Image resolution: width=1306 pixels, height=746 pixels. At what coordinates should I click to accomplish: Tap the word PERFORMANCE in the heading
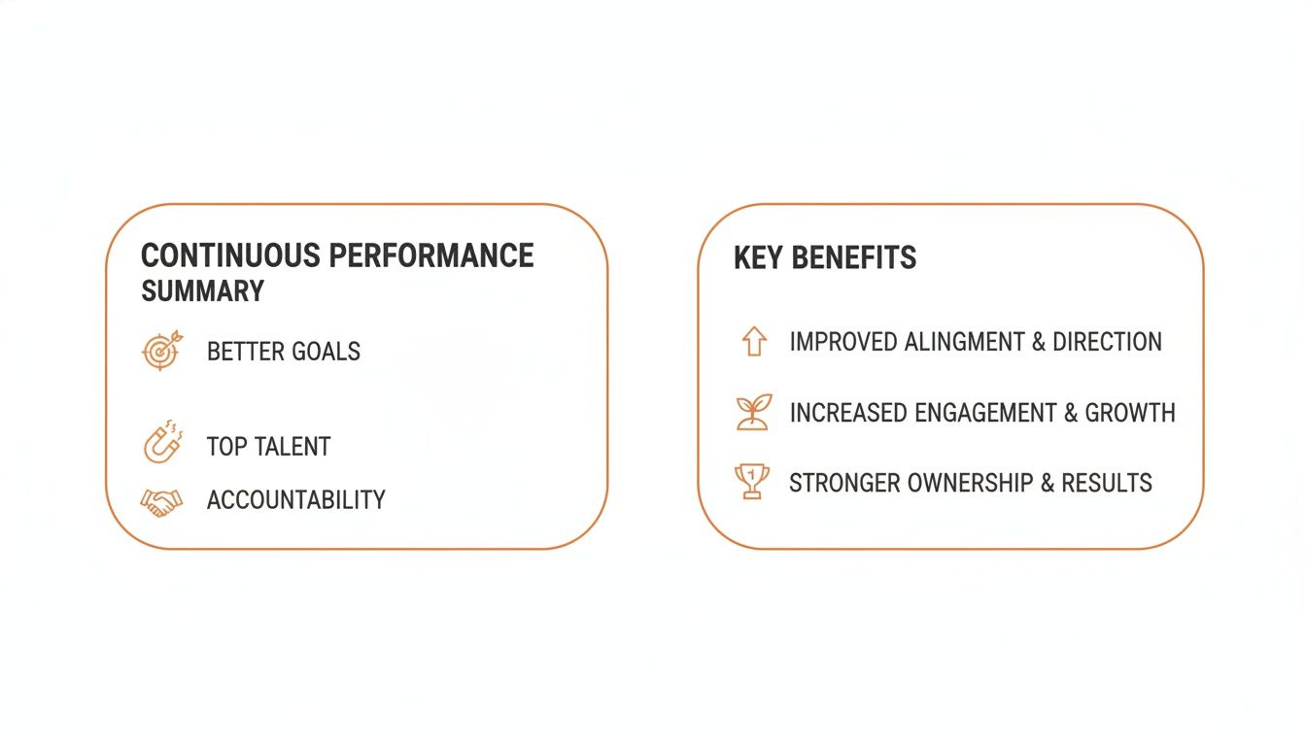click(430, 255)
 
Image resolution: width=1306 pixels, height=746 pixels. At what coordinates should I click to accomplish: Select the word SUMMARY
click(202, 291)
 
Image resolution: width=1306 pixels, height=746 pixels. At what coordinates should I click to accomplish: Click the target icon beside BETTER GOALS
click(161, 351)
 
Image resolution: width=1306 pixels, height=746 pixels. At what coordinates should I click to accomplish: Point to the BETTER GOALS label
click(284, 352)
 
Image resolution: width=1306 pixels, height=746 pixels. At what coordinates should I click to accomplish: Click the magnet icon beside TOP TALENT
click(160, 444)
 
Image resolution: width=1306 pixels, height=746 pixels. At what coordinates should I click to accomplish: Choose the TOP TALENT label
click(269, 447)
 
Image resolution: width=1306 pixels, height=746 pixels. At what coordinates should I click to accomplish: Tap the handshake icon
click(161, 501)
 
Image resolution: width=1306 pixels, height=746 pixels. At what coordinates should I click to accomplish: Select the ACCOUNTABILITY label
click(296, 500)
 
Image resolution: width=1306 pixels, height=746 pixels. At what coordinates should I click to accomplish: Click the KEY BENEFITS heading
click(825, 258)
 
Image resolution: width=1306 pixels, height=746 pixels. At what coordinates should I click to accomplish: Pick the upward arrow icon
click(754, 342)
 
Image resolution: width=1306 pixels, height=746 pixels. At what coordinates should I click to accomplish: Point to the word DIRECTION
click(1107, 342)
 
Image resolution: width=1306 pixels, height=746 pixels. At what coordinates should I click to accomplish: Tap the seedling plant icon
click(753, 412)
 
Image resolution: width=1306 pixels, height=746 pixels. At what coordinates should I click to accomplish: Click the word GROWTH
click(1130, 413)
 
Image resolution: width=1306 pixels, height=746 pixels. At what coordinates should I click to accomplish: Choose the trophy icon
click(752, 482)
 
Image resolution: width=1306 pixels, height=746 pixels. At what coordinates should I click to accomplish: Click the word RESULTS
click(1107, 483)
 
